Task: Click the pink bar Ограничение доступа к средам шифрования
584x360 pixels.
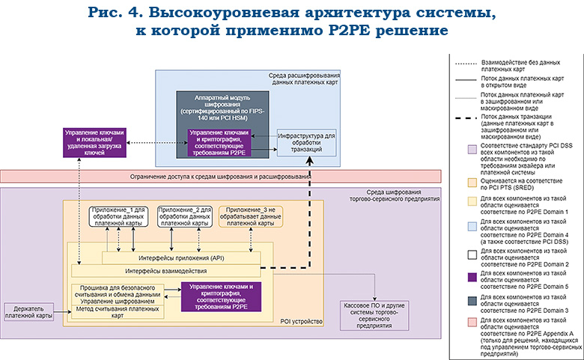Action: tap(217, 177)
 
